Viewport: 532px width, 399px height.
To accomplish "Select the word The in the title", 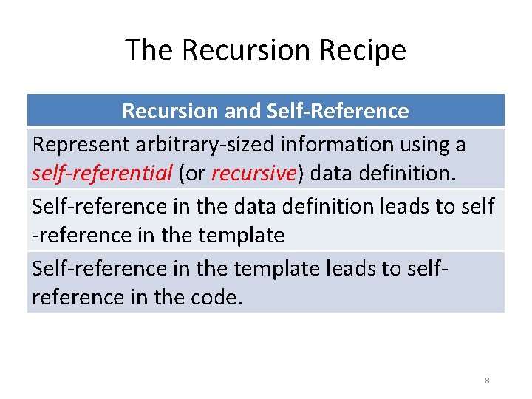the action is pos(149,50).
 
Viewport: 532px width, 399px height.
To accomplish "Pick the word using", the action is pos(422,144).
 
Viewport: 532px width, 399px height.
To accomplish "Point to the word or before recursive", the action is pos(194,174).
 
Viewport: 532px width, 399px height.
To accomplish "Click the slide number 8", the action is pos(487,381).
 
